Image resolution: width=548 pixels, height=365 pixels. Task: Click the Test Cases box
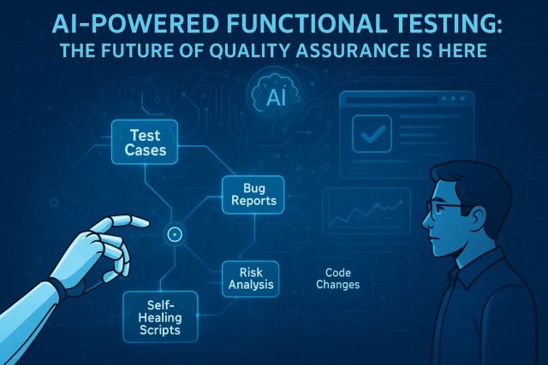point(145,142)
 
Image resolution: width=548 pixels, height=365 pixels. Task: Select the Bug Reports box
point(253,195)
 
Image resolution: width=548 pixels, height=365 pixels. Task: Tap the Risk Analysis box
point(251,279)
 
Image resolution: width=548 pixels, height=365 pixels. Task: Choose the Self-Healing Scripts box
point(160,317)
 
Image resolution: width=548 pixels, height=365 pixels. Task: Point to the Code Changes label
point(338,279)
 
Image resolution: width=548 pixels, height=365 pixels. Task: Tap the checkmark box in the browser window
point(372,133)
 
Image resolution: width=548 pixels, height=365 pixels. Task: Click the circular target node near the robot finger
point(175,234)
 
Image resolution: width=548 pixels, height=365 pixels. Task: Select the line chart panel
point(366,211)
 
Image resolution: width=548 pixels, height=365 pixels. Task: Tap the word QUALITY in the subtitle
point(249,50)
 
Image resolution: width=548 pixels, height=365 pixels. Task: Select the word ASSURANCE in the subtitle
point(352,50)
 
